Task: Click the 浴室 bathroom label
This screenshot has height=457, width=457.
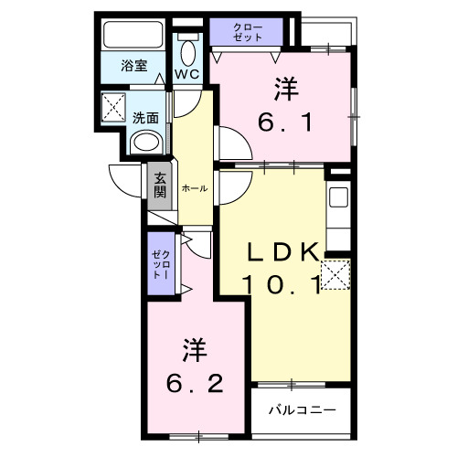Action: (x=134, y=65)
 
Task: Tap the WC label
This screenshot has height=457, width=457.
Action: (x=187, y=72)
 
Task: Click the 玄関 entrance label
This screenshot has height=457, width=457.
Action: (x=160, y=186)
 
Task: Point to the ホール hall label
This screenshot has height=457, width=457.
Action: (x=194, y=187)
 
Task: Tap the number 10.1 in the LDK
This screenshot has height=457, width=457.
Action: (x=282, y=285)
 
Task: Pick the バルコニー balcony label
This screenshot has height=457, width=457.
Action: (x=301, y=409)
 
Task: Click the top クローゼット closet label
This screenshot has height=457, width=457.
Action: (x=247, y=32)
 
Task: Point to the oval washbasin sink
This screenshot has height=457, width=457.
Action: (x=144, y=143)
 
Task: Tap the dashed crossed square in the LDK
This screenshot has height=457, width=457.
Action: (x=335, y=273)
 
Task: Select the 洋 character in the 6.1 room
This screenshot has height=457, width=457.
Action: (x=285, y=89)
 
